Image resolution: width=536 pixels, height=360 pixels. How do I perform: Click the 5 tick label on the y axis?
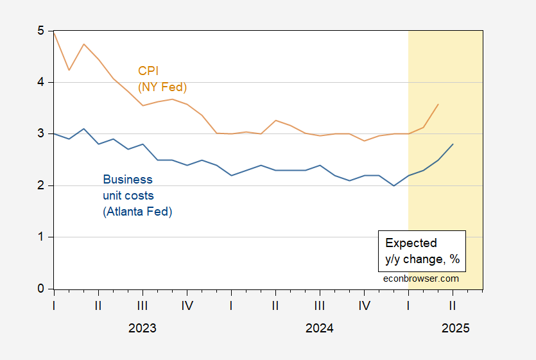[41, 31]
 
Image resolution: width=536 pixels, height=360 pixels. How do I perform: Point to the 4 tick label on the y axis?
[41, 82]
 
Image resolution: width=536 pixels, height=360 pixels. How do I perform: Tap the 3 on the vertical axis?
[41, 133]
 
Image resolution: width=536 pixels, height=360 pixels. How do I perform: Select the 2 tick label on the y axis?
[41, 185]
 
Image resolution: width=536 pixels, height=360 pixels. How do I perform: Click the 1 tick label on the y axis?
[41, 237]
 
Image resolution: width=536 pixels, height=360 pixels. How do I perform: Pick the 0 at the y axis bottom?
[41, 289]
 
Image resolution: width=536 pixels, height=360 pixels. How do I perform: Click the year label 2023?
[143, 328]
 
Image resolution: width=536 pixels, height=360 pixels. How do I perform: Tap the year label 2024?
[319, 328]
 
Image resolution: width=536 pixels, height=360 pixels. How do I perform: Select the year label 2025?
[455, 328]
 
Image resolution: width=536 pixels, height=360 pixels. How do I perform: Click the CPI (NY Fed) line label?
[162, 79]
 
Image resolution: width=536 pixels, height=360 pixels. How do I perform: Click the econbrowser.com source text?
[421, 279]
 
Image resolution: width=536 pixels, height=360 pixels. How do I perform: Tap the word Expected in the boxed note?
[411, 243]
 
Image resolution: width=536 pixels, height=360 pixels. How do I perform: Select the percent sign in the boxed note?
[454, 259]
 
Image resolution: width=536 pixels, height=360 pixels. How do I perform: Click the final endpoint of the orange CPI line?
[438, 104]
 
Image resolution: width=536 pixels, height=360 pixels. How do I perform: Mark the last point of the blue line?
[453, 144]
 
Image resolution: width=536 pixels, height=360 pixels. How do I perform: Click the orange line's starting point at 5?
[54, 31]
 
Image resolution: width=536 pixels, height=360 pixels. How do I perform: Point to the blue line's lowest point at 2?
[393, 185]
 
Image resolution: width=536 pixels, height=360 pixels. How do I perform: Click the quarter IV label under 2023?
[187, 305]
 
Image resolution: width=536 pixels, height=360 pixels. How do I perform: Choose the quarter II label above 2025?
[453, 305]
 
